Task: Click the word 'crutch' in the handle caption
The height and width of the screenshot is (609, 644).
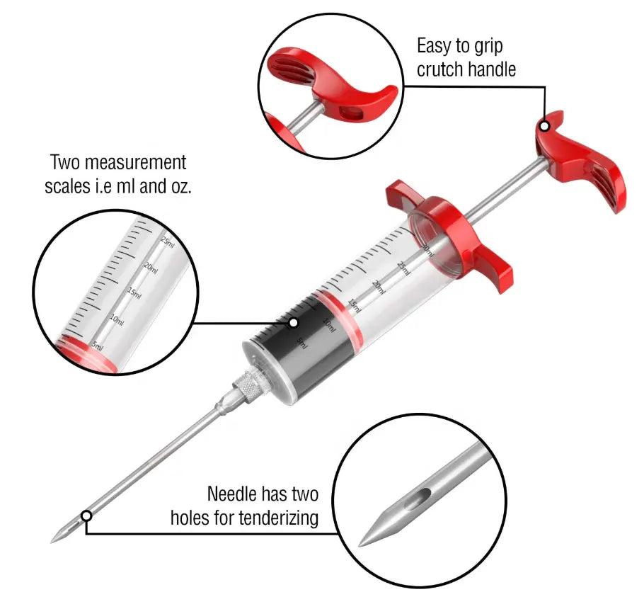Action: point(442,69)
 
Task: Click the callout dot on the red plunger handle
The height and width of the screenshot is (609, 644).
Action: point(545,126)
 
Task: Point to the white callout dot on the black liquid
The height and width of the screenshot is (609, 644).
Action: point(293,323)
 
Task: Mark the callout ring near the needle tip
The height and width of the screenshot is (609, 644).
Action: point(86,516)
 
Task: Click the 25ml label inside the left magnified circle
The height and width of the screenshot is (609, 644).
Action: point(168,242)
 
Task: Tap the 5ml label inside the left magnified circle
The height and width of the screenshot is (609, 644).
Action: point(98,346)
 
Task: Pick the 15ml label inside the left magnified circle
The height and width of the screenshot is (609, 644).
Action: point(134,293)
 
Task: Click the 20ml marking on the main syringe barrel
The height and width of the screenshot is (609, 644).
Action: point(379,287)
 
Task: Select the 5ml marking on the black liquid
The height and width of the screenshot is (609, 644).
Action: point(302,343)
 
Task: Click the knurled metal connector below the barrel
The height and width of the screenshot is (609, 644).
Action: point(248,384)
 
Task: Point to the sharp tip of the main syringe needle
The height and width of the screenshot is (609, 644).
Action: point(52,542)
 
